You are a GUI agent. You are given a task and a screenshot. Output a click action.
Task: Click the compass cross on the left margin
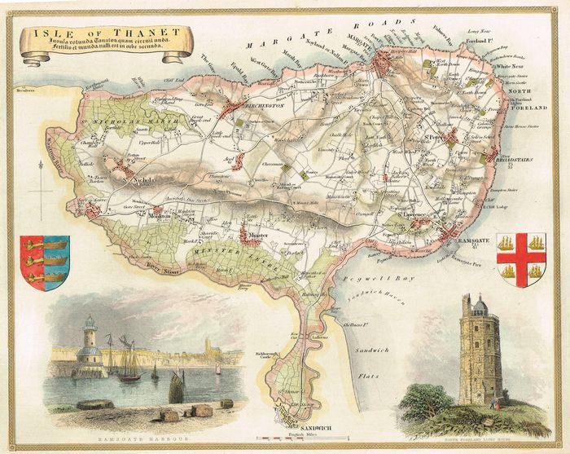pos(40,194)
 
